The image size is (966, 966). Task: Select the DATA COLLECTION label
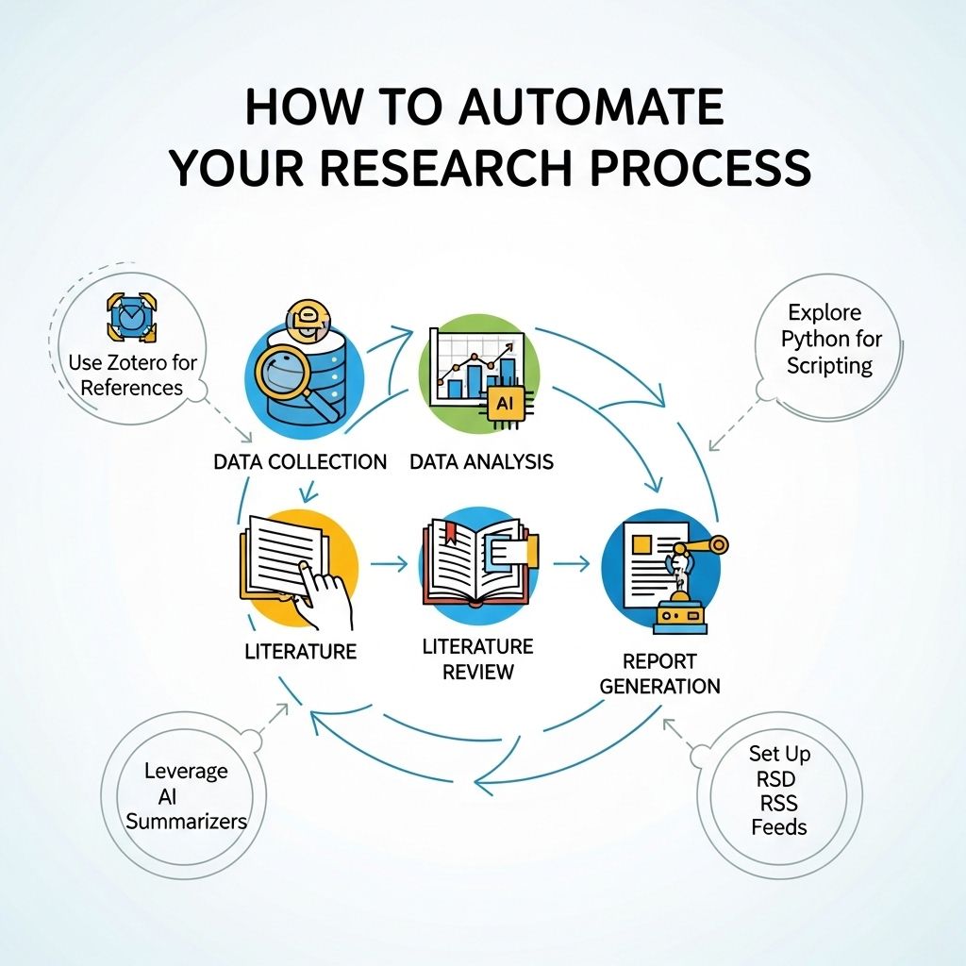point(300,462)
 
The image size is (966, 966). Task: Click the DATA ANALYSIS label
point(481,462)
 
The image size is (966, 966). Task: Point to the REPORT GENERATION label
point(659,674)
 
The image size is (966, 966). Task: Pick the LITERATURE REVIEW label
point(477,658)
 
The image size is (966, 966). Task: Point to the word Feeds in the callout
point(778,826)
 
